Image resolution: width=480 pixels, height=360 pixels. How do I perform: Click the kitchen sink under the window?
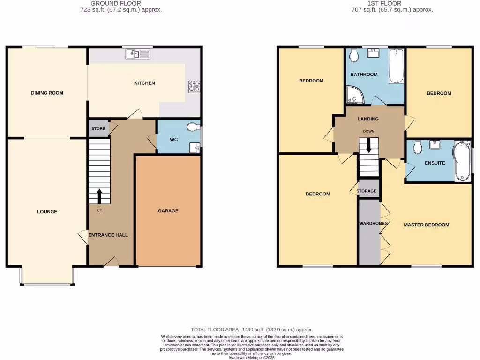(x=137, y=54)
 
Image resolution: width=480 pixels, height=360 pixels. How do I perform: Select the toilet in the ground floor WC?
(x=192, y=127)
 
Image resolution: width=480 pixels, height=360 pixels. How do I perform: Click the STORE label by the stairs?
(x=98, y=128)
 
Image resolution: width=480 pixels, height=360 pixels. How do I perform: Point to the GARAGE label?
(x=168, y=211)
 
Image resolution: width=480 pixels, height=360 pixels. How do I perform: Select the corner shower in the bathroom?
(x=355, y=95)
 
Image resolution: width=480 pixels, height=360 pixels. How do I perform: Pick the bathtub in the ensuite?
(x=462, y=161)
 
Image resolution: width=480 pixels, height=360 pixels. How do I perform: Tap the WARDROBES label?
(x=373, y=224)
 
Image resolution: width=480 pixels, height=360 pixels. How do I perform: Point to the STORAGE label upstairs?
(x=367, y=191)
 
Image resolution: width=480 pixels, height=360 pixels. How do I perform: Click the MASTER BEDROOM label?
(x=427, y=225)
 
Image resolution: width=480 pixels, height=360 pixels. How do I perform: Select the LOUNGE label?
(x=47, y=212)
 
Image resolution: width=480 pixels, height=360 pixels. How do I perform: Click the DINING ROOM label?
(x=47, y=93)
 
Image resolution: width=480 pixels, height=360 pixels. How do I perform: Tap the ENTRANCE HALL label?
(x=108, y=235)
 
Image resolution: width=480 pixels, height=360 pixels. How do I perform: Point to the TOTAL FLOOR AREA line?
(x=251, y=330)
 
